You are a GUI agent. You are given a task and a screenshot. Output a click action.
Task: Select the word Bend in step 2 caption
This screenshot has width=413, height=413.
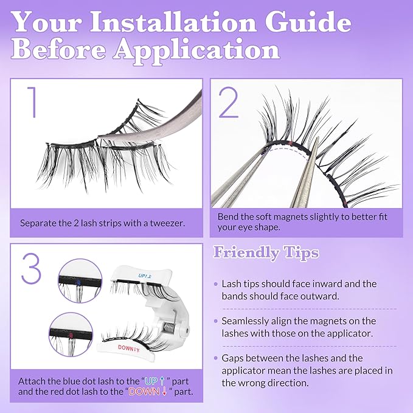(x=229, y=217)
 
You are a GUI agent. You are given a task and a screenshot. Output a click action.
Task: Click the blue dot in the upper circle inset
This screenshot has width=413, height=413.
(x=80, y=282)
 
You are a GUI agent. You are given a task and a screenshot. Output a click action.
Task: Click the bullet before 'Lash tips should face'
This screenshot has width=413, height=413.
(x=216, y=284)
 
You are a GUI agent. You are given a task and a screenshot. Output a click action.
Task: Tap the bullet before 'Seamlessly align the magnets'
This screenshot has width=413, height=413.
(x=216, y=321)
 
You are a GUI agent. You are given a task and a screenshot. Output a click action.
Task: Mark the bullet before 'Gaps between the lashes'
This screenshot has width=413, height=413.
(x=216, y=359)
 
